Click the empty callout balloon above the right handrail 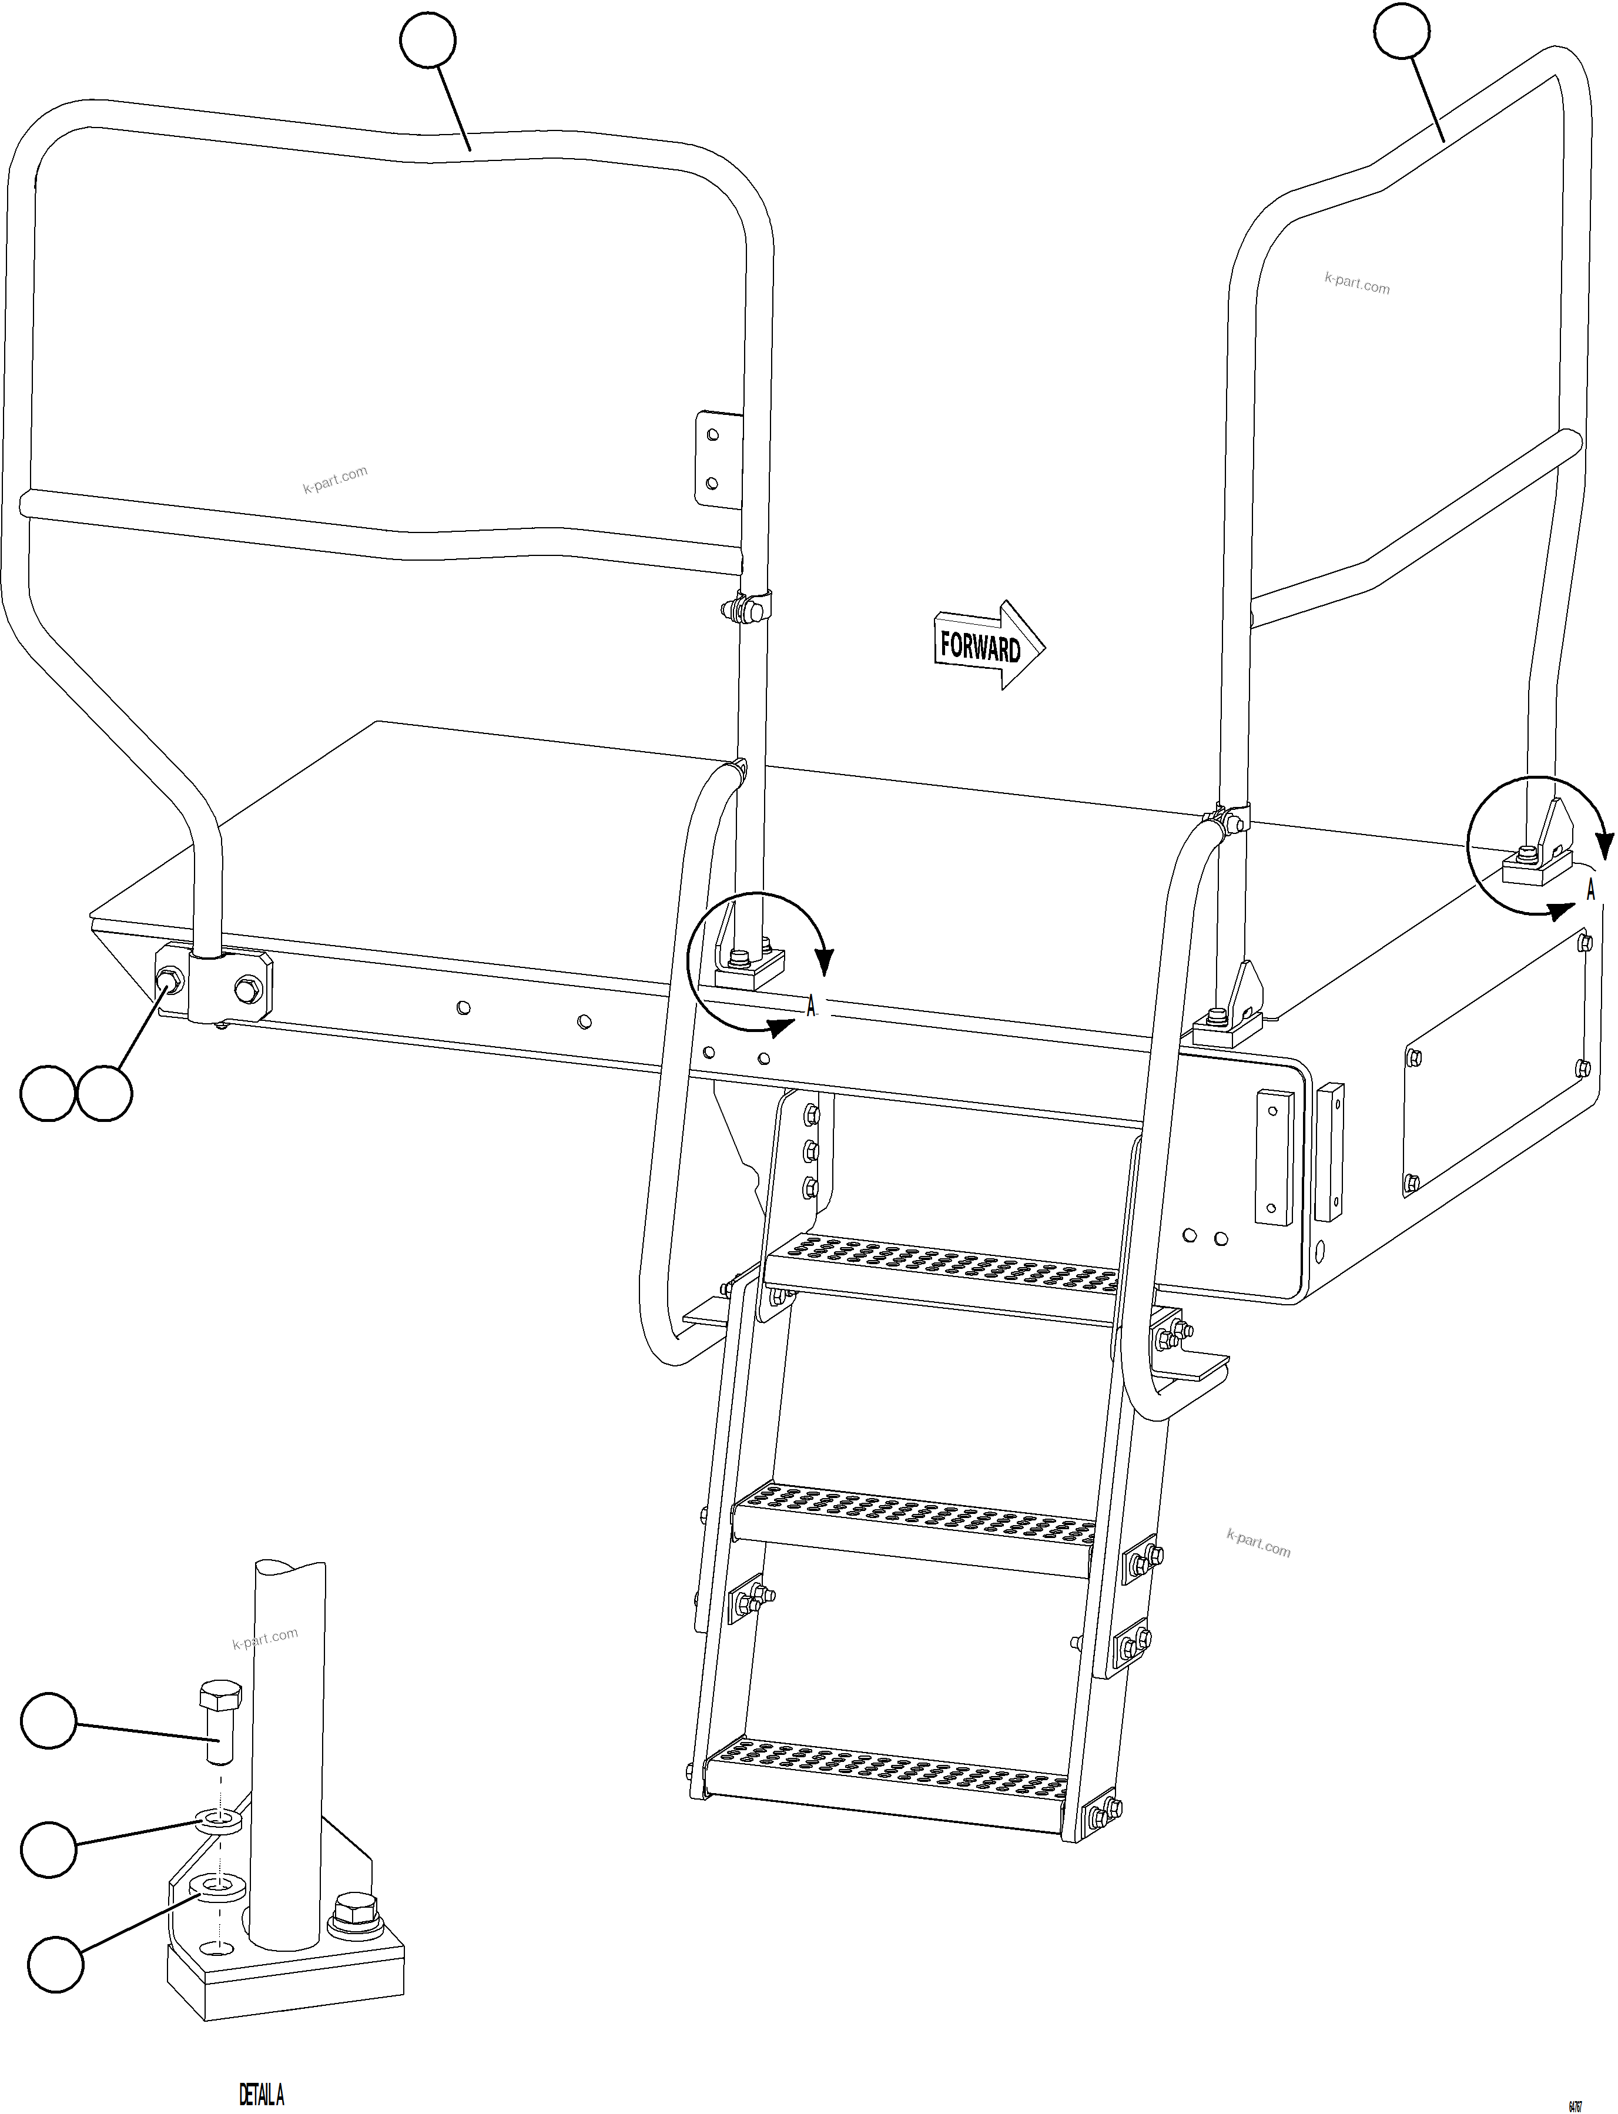[1401, 30]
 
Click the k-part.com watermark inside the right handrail [1356, 283]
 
